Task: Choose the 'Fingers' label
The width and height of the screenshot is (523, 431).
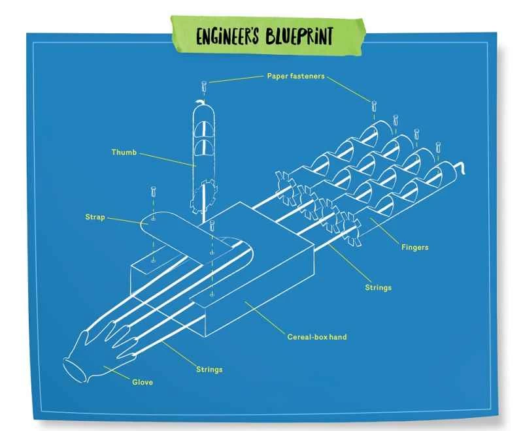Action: pyautogui.click(x=416, y=247)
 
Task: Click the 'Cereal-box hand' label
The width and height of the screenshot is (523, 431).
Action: pyautogui.click(x=317, y=337)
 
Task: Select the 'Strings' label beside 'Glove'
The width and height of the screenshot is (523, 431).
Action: pyautogui.click(x=209, y=369)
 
